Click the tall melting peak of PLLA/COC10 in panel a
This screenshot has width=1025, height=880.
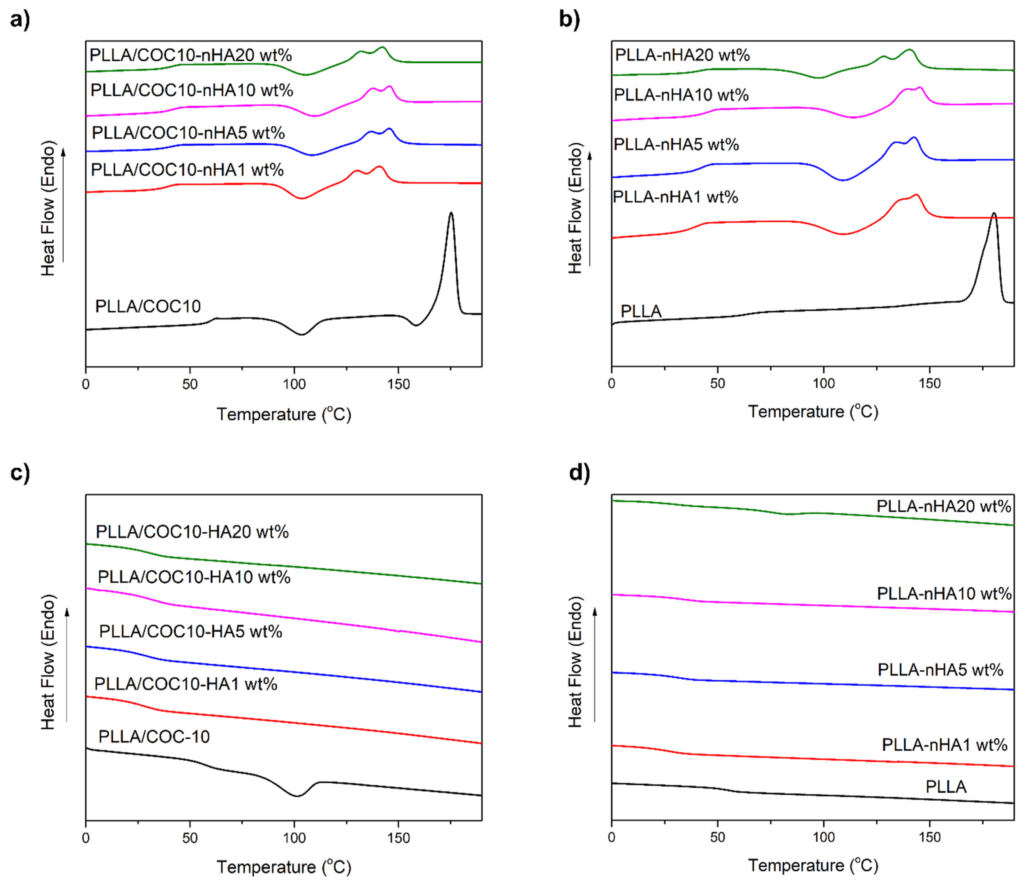[451, 214]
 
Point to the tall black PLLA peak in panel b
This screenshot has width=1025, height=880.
[994, 214]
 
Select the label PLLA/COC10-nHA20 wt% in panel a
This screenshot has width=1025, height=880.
[190, 55]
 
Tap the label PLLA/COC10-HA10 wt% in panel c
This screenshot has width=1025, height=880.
[194, 577]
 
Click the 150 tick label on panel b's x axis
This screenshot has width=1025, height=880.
[929, 384]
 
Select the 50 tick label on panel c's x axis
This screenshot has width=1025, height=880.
[190, 838]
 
